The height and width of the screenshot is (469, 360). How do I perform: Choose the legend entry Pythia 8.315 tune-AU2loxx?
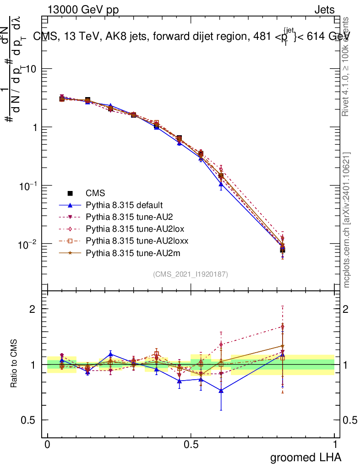[133, 240]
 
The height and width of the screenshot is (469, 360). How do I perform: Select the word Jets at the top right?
[324, 10]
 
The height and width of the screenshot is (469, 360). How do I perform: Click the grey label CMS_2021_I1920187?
[191, 274]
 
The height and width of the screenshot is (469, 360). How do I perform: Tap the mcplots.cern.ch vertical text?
[347, 220]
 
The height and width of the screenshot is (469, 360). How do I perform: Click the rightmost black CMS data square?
[283, 250]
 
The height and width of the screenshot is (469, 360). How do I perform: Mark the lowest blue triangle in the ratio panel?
[221, 391]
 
